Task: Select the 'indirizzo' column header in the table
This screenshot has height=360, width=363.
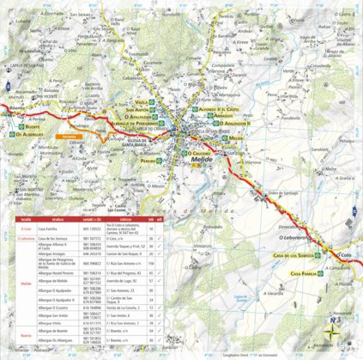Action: click(129, 220)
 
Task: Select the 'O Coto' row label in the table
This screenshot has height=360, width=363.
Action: click(27, 229)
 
